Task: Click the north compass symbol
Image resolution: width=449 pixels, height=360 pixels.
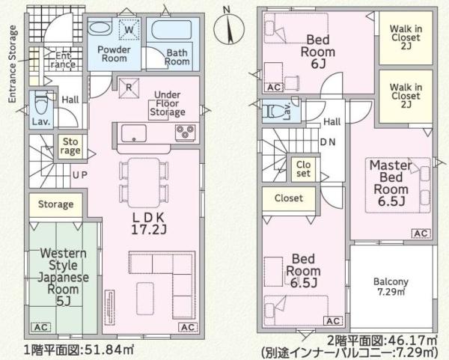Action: pos(229,28)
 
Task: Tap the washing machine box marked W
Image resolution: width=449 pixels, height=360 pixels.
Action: pos(129,29)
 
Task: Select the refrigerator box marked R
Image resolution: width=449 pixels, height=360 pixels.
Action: pos(129,88)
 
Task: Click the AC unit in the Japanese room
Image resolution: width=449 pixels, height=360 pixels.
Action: pos(40,327)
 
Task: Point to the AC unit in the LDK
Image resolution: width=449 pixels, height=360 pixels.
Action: pos(188,327)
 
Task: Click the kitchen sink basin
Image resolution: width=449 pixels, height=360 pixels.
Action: pos(134,133)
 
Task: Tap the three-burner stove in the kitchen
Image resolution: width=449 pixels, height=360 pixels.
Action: pos(186,132)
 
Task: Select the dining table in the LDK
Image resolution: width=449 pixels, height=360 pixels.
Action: pos(144,183)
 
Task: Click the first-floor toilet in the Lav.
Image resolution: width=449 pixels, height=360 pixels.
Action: pos(41,104)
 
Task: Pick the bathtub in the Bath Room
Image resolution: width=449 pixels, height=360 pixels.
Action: pos(171,29)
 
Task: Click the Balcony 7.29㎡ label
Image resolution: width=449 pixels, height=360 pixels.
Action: pos(391,287)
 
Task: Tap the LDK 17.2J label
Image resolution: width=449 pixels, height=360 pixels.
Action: pos(148,223)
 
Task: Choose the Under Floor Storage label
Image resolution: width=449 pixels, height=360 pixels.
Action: pos(168,103)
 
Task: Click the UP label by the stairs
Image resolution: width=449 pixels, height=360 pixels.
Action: pos(80,175)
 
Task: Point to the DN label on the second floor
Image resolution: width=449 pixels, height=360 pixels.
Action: pos(328,142)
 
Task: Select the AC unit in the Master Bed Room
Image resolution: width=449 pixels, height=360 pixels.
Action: pos(421,234)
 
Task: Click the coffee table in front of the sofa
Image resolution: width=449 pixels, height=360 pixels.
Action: pos(145,299)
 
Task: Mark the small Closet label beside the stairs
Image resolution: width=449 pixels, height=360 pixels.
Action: pos(303,169)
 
